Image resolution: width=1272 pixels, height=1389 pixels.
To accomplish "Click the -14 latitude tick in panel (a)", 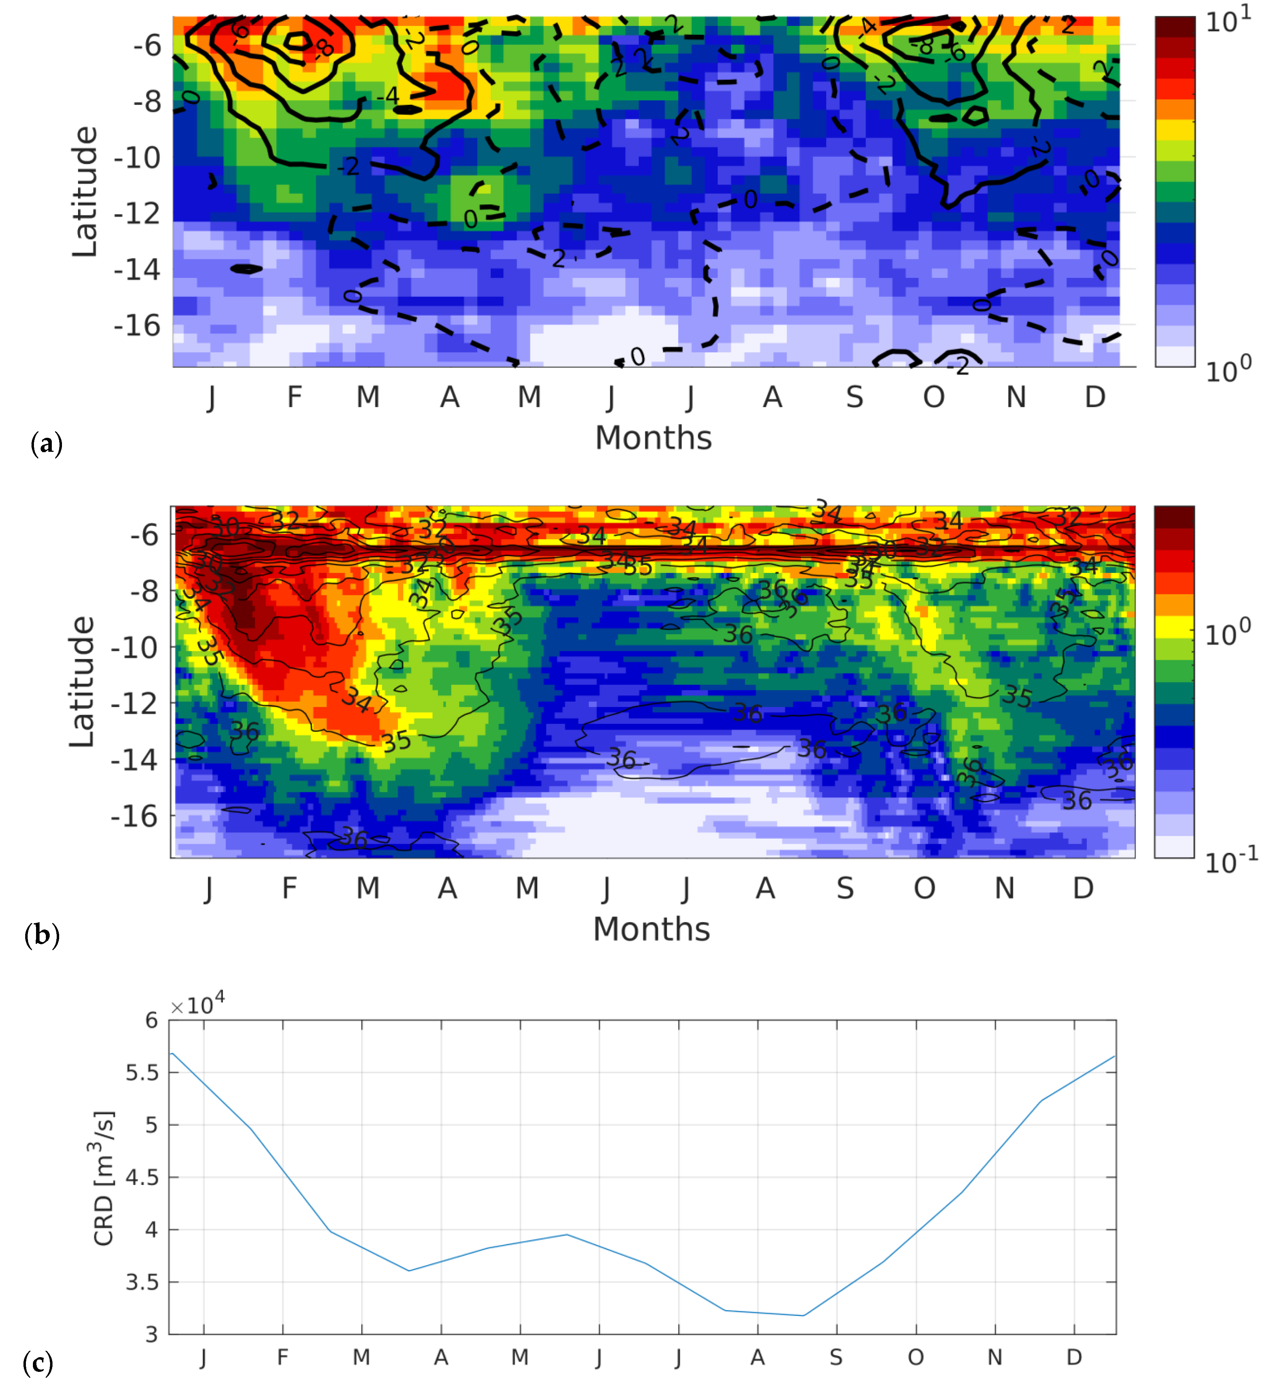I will pyautogui.click(x=137, y=269).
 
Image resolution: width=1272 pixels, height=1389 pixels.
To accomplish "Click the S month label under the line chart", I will pyautogui.click(x=836, y=1357).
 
